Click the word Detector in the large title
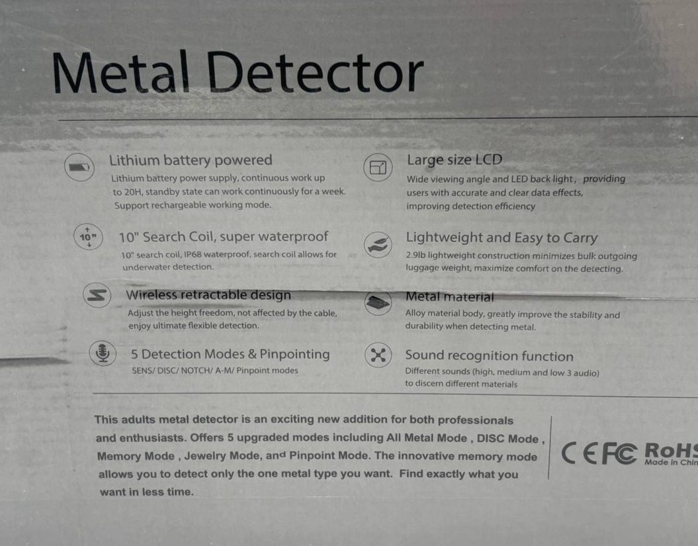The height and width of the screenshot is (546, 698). point(315,71)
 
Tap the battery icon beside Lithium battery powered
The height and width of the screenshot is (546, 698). point(79,167)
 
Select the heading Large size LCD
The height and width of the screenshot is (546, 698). point(455,160)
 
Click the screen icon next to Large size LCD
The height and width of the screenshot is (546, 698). point(378,167)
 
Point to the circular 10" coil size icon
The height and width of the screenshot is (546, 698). point(88,237)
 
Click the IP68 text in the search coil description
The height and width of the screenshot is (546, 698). point(193,254)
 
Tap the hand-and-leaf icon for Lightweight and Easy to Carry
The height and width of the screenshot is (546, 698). point(378,244)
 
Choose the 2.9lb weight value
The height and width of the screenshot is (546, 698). point(415,255)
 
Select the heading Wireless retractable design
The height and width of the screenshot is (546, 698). point(208,295)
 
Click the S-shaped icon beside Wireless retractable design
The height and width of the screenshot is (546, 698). point(97,295)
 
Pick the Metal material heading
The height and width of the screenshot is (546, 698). point(450,296)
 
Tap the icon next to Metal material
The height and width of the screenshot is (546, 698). point(378,303)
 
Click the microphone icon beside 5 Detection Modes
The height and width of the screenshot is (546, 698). point(103,353)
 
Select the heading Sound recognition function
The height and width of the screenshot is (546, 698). point(489,356)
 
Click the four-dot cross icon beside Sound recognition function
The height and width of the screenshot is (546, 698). point(378,355)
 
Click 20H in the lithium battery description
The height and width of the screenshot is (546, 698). point(132,192)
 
